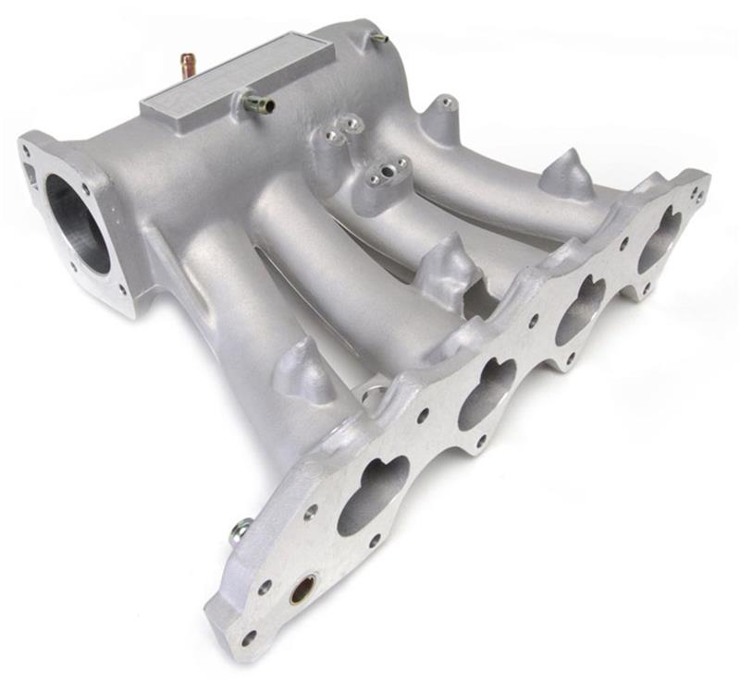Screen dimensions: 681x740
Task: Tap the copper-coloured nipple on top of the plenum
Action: [188, 65]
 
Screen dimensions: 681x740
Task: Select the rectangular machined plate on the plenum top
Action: [238, 79]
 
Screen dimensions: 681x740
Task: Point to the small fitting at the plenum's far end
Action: [378, 38]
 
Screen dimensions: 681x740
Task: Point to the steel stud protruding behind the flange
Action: [240, 530]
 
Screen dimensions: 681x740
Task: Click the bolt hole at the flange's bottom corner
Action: [248, 637]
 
